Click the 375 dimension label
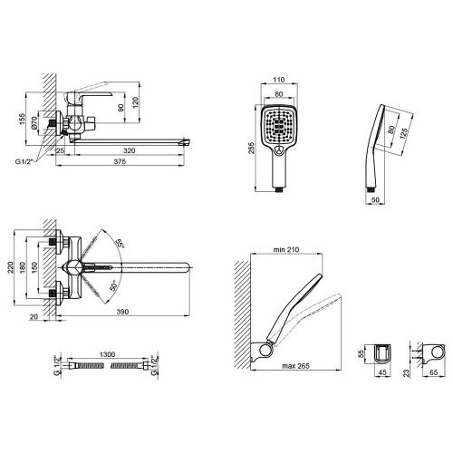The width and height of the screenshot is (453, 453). click(120, 161)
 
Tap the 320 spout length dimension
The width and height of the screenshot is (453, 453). click(129, 150)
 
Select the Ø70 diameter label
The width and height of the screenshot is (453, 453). click(34, 122)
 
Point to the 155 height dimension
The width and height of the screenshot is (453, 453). click(22, 120)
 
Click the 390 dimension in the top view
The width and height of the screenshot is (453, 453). click(122, 312)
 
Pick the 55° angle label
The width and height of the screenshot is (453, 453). click(120, 244)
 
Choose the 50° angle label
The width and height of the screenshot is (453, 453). click(113, 285)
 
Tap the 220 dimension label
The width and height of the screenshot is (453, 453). click(11, 267)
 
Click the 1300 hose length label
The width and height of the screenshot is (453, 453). click(107, 354)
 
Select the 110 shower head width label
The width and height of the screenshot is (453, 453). click(279, 80)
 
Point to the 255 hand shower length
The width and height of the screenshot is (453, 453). click(251, 148)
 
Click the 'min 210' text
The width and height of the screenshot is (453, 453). click(286, 249)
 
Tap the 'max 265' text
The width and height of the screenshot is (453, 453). click(295, 366)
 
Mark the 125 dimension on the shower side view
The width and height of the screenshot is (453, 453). click(404, 133)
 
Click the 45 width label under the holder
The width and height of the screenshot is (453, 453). click(382, 372)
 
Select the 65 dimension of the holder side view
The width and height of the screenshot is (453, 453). click(433, 372)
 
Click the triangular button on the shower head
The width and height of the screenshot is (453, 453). click(279, 149)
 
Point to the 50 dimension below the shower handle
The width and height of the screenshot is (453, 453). click(375, 200)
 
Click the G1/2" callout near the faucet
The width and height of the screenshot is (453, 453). click(24, 161)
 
